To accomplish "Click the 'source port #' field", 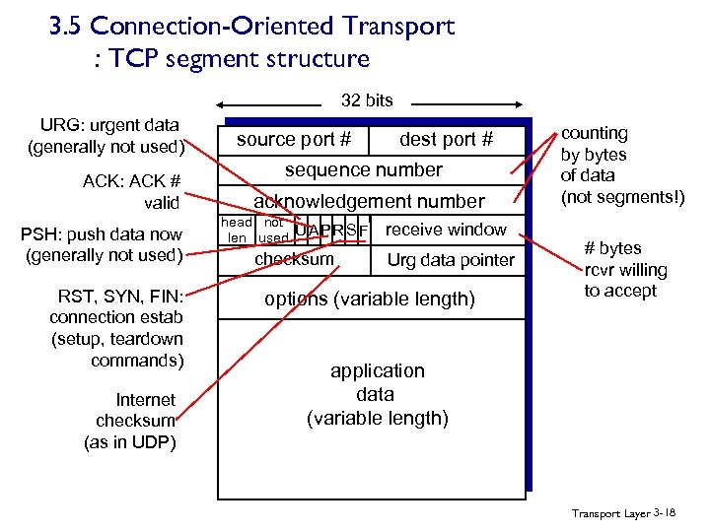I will (294, 139).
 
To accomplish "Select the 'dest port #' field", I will (446, 139).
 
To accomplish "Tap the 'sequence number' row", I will (364, 169).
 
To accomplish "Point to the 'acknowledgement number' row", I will (369, 201).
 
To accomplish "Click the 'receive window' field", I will (446, 230).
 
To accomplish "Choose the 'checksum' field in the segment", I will (294, 259).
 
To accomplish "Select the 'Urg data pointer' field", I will (451, 260).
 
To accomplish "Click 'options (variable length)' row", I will (370, 299).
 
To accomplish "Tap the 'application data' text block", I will (377, 394).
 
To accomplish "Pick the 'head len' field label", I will (237, 231).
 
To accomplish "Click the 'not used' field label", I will (273, 231).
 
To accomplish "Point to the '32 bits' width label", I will (366, 100).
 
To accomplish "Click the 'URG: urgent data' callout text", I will (106, 136).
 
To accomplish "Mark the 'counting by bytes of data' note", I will (620, 165).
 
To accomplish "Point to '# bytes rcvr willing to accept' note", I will (625, 269).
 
